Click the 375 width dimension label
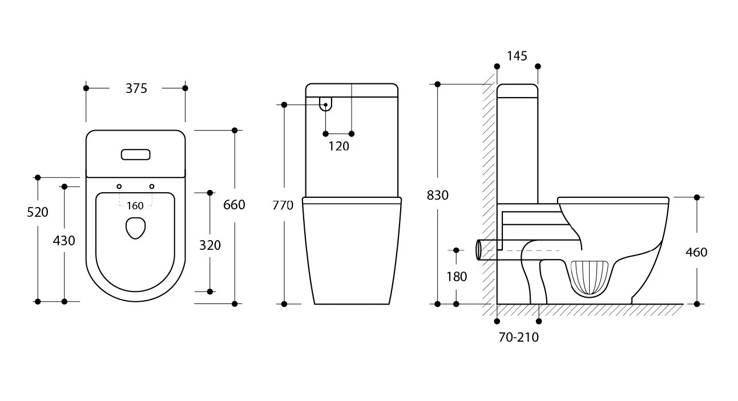136,88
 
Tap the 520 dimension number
38,212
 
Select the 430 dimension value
64,241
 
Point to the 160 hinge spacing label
135,206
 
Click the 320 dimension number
210,245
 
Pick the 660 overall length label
234,205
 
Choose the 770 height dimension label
283,205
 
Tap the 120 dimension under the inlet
338,146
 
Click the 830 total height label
438,195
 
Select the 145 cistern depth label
517,56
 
